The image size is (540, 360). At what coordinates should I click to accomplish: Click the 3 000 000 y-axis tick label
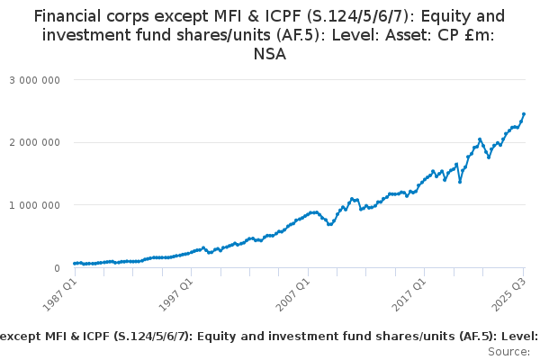pos(34,79)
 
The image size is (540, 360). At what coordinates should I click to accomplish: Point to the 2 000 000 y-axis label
pos(34,142)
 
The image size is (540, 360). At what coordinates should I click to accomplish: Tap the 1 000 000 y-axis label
pos(34,205)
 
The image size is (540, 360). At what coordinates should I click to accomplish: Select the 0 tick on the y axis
pos(56,268)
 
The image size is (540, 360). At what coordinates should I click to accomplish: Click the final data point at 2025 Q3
pos(524,114)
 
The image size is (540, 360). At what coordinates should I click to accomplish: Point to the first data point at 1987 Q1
pos(75,264)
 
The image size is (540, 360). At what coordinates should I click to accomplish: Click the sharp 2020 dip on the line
pos(460,182)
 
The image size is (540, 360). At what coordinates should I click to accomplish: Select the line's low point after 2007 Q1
pos(330,224)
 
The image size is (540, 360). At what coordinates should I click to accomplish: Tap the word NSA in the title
pos(269,55)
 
